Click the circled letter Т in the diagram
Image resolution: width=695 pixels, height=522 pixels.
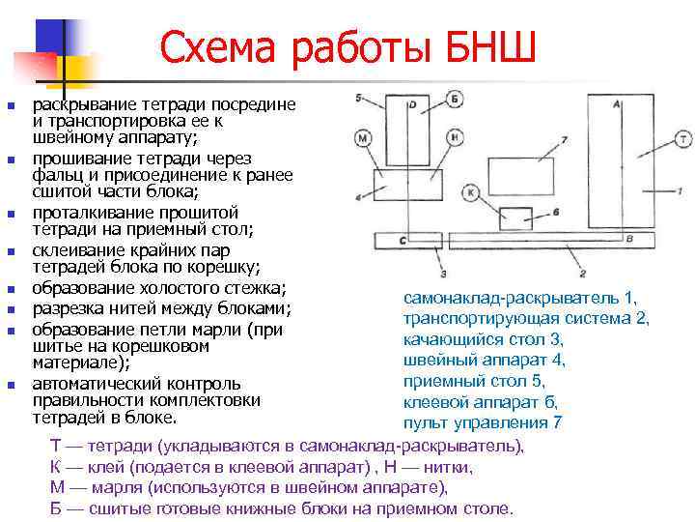(683, 139)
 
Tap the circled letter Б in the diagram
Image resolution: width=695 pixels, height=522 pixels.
(456, 100)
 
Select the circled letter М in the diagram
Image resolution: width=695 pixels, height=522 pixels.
(363, 138)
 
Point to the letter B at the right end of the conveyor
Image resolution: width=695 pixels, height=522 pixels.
(629, 238)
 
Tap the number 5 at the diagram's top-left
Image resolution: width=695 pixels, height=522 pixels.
(358, 99)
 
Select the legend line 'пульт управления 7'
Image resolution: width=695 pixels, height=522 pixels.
(482, 422)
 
